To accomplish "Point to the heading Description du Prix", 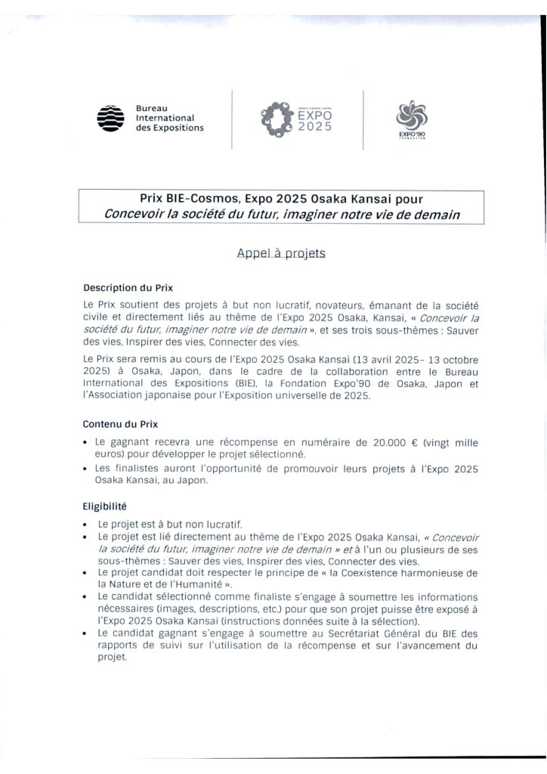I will pos(128,288).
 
